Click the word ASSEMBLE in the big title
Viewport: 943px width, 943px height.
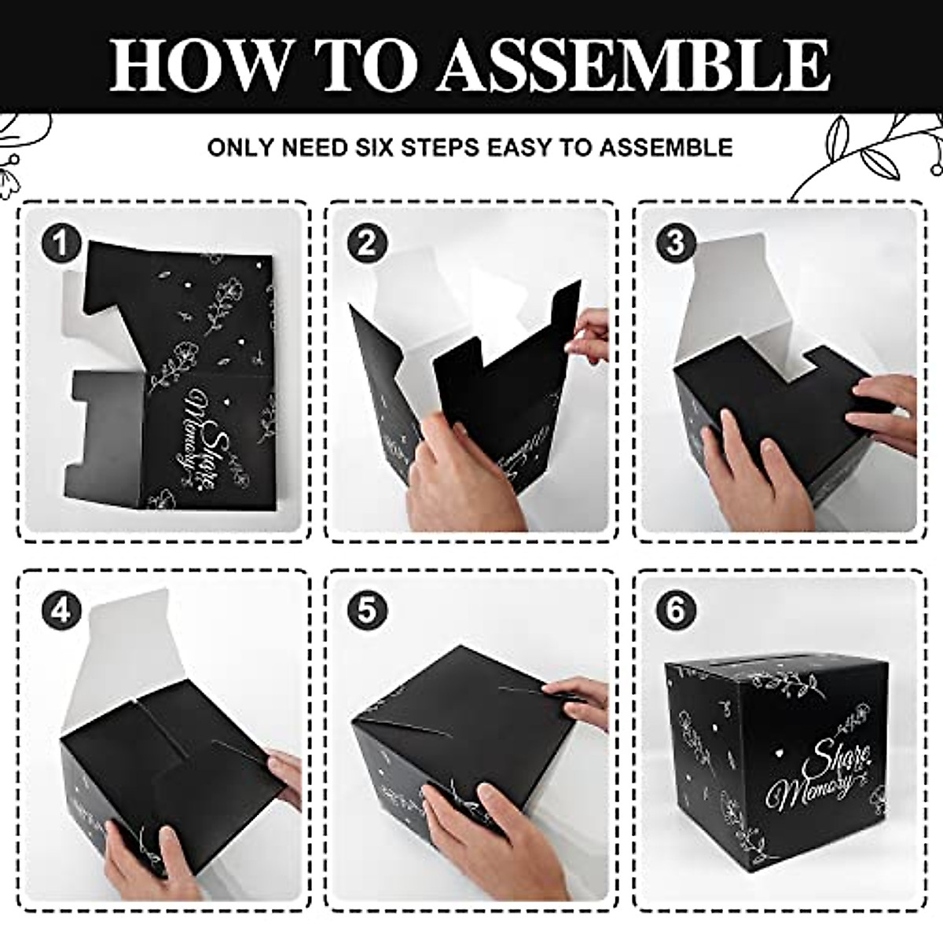click(633, 63)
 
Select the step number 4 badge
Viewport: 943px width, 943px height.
click(61, 611)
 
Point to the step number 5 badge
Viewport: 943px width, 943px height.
click(367, 611)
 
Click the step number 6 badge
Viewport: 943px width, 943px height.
click(675, 611)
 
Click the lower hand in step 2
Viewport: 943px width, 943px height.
click(464, 472)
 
